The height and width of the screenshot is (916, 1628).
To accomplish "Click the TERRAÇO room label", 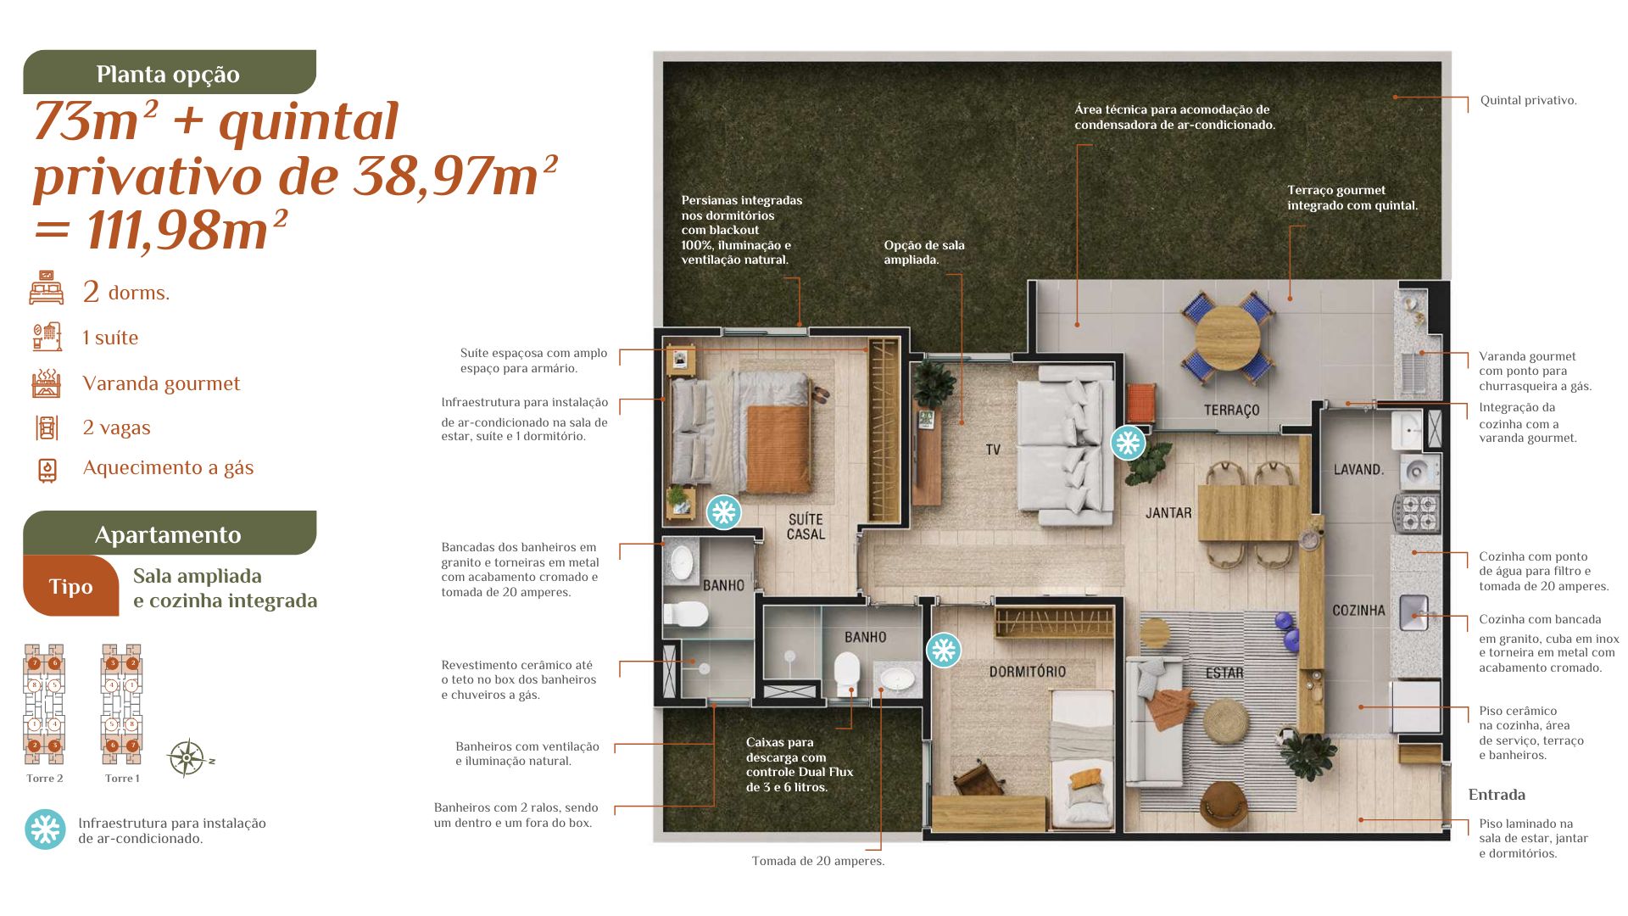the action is [x=1231, y=411].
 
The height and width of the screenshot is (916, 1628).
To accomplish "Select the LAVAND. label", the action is [x=1358, y=469].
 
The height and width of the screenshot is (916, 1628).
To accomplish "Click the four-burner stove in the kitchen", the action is [x=1416, y=514].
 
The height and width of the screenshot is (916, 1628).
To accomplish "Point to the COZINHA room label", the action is [x=1358, y=610].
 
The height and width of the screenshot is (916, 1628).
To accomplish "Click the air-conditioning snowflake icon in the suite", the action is [x=723, y=512].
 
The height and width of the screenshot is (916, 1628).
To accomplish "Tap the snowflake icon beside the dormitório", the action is [x=943, y=651].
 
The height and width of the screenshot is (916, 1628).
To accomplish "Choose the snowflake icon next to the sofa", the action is [x=1128, y=442].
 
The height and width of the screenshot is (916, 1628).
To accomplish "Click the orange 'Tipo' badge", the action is [x=71, y=586].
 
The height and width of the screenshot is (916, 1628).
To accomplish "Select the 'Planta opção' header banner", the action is [x=170, y=72].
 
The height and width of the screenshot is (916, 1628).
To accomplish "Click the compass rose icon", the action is [x=187, y=758].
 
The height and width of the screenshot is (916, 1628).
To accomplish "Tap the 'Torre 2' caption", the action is [x=45, y=779].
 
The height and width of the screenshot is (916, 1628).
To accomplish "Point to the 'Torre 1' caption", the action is [x=122, y=779].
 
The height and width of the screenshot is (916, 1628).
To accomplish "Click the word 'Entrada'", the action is [x=1497, y=795].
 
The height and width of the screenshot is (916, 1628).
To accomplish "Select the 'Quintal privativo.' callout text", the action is [x=1529, y=100].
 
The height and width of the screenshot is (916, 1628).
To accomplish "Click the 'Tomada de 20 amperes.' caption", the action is [x=818, y=861].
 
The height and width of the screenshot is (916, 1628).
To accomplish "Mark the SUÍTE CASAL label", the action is [x=806, y=527].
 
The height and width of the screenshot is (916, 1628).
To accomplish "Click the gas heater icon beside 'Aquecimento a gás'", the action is [x=47, y=470].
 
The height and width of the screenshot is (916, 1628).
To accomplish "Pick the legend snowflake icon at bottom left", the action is [x=45, y=829].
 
